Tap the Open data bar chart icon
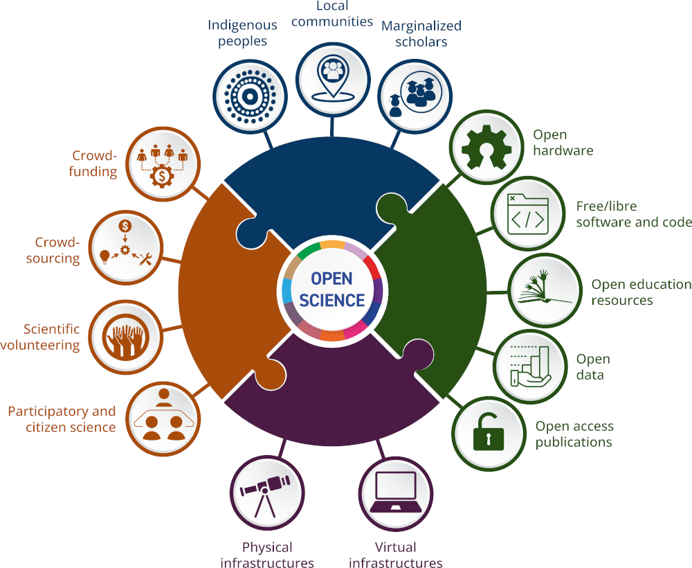coord(529,365)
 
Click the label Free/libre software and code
coord(633,215)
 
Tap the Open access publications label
coord(574,434)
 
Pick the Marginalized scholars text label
coord(421,34)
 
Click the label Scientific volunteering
coord(51,337)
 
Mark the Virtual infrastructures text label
coord(395,555)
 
